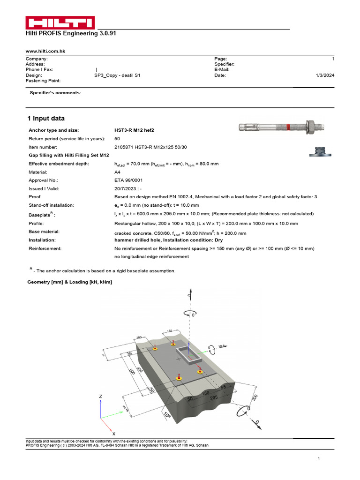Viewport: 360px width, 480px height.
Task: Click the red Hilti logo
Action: (60, 23)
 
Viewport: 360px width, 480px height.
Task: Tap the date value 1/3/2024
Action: (325, 75)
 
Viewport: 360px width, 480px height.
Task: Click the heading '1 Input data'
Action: (45, 119)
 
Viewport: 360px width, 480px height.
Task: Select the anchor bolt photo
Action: (277, 127)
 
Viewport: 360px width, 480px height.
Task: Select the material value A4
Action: (118, 172)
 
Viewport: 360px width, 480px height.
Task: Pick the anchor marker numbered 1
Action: (155, 348)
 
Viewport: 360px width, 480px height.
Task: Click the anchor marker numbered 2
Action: (179, 378)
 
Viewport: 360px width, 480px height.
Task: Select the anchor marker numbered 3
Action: (173, 344)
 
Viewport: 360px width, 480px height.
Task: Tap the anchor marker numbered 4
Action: (200, 372)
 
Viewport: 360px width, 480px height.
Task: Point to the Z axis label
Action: (100, 396)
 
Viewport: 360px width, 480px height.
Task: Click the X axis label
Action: (114, 434)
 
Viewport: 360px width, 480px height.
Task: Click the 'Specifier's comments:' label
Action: (55, 93)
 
